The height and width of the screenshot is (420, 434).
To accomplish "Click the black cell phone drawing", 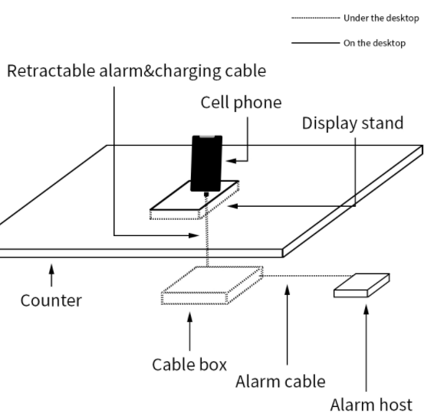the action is pyautogui.click(x=206, y=163).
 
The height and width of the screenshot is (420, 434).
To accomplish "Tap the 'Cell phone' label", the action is pyautogui.click(x=241, y=103).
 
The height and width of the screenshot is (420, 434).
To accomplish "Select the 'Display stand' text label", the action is pyautogui.click(x=353, y=123).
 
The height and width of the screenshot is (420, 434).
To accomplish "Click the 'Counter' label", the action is pyautogui.click(x=51, y=300).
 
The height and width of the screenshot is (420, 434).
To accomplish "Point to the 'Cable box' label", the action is pyautogui.click(x=189, y=364).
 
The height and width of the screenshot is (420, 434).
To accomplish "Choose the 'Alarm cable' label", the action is pyautogui.click(x=281, y=382).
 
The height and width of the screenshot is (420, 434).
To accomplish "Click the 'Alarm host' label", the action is pyautogui.click(x=371, y=405).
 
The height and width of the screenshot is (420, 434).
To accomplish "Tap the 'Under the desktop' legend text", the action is pyautogui.click(x=381, y=18).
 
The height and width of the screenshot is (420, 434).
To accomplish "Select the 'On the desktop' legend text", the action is pyautogui.click(x=374, y=43).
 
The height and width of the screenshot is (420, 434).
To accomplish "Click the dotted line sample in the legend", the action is pyautogui.click(x=316, y=18).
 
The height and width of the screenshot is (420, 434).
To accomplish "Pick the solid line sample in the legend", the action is pyautogui.click(x=316, y=43).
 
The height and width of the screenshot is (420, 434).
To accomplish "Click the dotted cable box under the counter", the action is pyautogui.click(x=212, y=286).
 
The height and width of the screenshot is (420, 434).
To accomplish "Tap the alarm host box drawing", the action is pyautogui.click(x=362, y=285).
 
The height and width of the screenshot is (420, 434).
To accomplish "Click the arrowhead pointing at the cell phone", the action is pyautogui.click(x=232, y=161).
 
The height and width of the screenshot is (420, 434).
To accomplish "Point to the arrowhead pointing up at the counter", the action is pyautogui.click(x=51, y=269).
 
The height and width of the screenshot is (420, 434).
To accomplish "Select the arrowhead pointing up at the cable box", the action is pyautogui.click(x=189, y=317).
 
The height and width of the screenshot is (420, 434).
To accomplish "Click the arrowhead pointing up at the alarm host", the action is pyautogui.click(x=367, y=310).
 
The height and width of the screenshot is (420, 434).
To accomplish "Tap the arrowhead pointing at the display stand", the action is pyautogui.click(x=232, y=206).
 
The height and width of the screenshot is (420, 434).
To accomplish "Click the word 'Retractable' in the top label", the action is pyautogui.click(x=51, y=71).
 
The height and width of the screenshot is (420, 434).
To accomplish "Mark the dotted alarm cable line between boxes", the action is pyautogui.click(x=307, y=276).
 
